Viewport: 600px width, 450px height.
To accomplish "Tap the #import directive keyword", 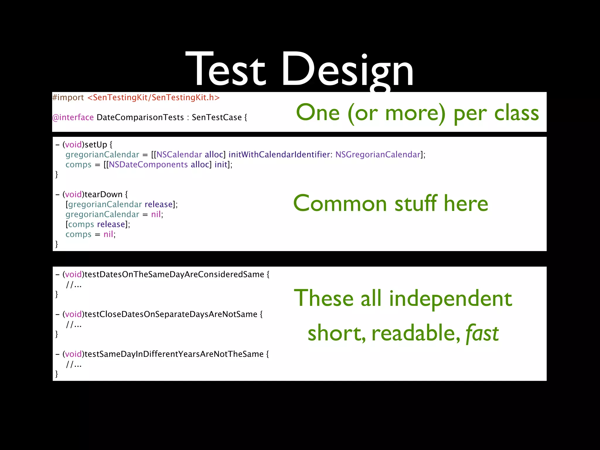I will click(x=68, y=98).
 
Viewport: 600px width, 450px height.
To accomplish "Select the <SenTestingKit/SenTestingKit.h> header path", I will click(x=154, y=98).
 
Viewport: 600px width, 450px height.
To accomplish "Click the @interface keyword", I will click(x=73, y=117).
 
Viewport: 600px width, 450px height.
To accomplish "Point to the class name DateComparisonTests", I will click(x=140, y=117).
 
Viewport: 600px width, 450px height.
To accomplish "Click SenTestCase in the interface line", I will click(x=217, y=117).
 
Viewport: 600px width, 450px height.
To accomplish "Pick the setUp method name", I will click(x=96, y=145).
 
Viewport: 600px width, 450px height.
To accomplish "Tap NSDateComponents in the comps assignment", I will click(x=148, y=165).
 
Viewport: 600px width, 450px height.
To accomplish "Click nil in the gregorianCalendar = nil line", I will click(x=156, y=214).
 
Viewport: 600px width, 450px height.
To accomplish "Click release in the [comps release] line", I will click(x=111, y=224).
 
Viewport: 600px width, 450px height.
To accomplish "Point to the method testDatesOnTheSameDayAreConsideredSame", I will click(x=174, y=275).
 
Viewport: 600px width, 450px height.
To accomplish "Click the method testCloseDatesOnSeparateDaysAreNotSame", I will click(x=171, y=314).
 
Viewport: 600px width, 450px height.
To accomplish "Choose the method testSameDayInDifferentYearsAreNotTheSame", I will click(x=174, y=354).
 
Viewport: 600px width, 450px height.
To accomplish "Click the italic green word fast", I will click(x=482, y=333).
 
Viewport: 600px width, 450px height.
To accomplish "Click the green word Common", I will click(x=340, y=204).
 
